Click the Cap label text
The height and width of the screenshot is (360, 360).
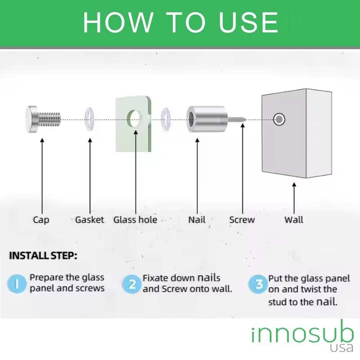pyautogui.click(x=41, y=220)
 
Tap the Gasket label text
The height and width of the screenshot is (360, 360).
pyautogui.click(x=90, y=220)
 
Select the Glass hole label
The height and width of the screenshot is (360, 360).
pyautogui.click(x=135, y=220)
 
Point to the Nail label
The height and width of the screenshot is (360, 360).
pyautogui.click(x=197, y=220)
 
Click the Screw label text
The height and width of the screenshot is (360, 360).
pyautogui.click(x=242, y=220)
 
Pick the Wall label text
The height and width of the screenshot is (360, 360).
pyautogui.click(x=294, y=220)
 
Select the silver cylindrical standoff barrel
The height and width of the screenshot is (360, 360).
pyautogui.click(x=207, y=119)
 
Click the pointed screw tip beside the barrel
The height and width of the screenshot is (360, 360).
pyautogui.click(x=245, y=119)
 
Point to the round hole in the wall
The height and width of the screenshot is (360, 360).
pyautogui.click(x=279, y=119)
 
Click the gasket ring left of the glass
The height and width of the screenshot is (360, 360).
pyautogui.click(x=90, y=119)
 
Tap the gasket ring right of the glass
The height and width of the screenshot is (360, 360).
pyautogui.click(x=166, y=119)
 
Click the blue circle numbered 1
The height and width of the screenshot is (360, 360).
pyautogui.click(x=17, y=284)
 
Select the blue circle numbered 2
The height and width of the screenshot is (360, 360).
pyautogui.click(x=132, y=284)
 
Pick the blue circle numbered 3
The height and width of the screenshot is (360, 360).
pyautogui.click(x=258, y=284)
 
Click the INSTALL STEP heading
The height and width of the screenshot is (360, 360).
pyautogui.click(x=43, y=256)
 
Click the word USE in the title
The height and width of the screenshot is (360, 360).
pyautogui.click(x=249, y=22)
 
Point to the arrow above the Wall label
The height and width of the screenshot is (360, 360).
pyautogui.click(x=294, y=198)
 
